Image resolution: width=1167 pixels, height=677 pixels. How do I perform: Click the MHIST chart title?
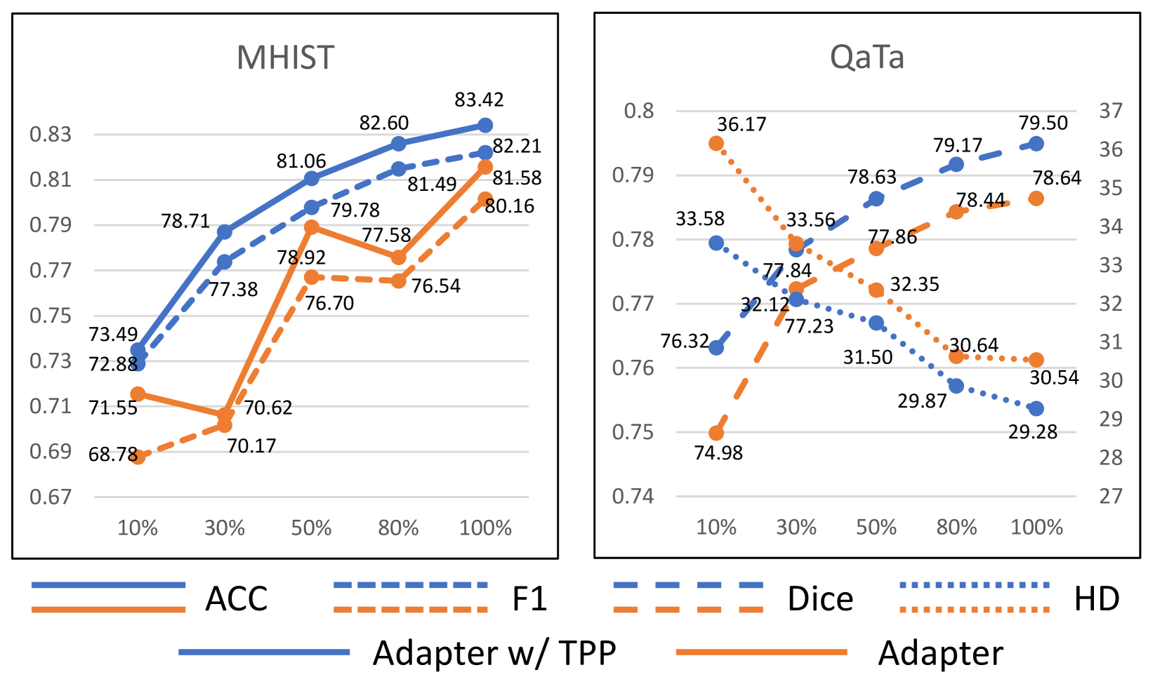click(285, 58)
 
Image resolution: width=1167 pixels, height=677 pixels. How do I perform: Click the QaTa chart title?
click(866, 58)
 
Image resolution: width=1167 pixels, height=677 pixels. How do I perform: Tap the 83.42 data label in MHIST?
click(479, 100)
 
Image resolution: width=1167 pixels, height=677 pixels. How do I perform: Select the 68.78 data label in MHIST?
click(112, 455)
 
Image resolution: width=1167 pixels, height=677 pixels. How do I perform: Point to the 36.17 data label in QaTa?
click(741, 124)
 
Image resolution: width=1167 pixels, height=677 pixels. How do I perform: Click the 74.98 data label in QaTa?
click(718, 453)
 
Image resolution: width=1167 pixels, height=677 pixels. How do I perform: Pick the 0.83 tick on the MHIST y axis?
click(51, 134)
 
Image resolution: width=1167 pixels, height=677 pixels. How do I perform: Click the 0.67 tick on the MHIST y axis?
click(51, 497)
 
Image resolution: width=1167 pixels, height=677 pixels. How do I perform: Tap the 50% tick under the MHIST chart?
click(311, 528)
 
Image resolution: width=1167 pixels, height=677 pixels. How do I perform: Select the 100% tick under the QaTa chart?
click(1036, 527)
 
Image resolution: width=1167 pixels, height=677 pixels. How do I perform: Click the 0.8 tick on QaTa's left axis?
click(638, 111)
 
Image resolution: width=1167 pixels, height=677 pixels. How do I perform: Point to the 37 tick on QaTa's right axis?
click(1111, 111)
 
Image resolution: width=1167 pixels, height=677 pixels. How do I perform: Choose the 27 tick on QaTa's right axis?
click(1111, 496)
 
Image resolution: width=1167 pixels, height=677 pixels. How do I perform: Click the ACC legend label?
click(237, 598)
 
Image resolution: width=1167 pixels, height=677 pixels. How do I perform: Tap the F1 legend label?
click(529, 598)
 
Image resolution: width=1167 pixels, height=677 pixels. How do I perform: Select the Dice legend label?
click(820, 598)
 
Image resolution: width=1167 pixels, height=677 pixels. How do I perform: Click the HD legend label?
click(1097, 598)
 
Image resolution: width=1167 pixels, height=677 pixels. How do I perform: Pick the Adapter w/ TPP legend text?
click(494, 652)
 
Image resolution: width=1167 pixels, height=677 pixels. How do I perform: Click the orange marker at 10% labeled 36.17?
click(716, 143)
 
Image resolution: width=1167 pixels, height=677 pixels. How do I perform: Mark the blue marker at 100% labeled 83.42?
click(485, 125)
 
